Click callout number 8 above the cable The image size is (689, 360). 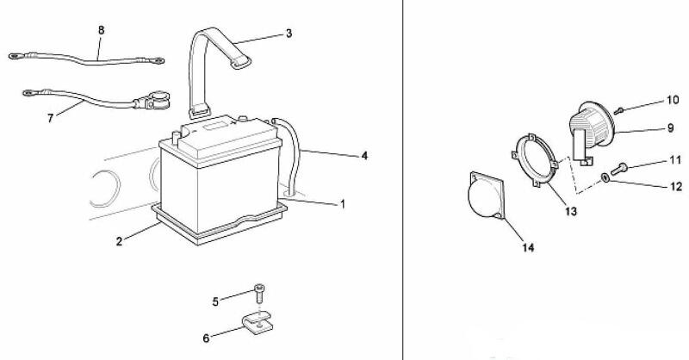click(102, 30)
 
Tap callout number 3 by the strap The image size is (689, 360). click(289, 34)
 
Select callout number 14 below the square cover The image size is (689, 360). click(528, 248)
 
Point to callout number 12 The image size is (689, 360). click(677, 187)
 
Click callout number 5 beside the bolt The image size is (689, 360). click(215, 302)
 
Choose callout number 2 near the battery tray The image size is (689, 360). click(120, 241)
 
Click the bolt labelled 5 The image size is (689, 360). click(259, 293)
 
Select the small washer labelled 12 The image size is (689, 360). click(605, 177)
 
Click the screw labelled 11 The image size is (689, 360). click(618, 168)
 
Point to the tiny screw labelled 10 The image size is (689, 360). click(618, 111)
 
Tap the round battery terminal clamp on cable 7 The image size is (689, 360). click(158, 99)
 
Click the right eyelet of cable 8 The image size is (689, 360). click(158, 60)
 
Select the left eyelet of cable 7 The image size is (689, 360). click(29, 93)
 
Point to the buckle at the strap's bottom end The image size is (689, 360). click(199, 112)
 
